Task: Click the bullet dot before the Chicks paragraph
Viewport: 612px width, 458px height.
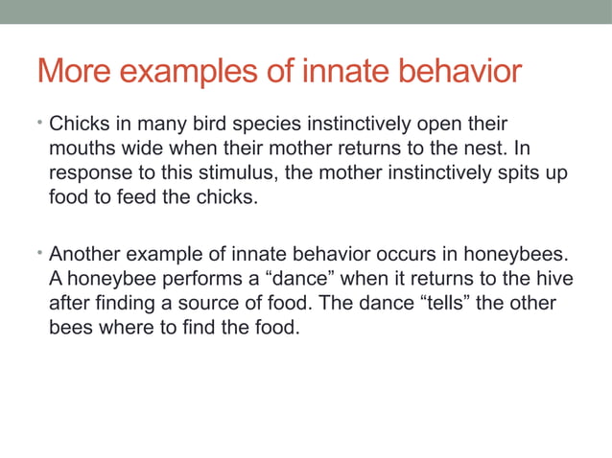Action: tap(41, 123)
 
